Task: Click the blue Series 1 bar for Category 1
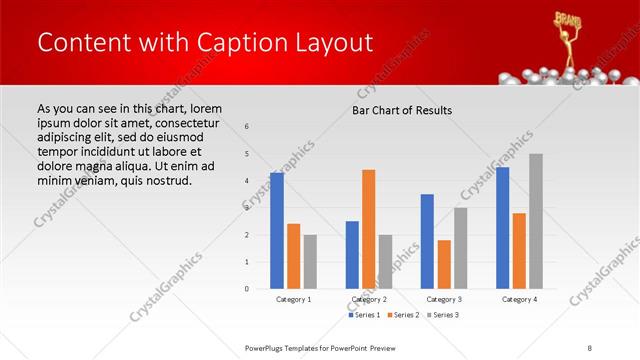click(277, 231)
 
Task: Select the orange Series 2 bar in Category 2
click(369, 229)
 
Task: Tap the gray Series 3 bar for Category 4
click(536, 221)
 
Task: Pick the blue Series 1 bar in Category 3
click(428, 241)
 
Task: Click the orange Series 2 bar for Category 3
click(445, 264)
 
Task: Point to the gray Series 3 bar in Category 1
click(311, 262)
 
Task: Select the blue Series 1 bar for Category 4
click(502, 228)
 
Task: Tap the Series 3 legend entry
click(443, 315)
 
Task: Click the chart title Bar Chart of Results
click(402, 110)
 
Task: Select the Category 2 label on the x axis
click(369, 299)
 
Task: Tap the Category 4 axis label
click(519, 299)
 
